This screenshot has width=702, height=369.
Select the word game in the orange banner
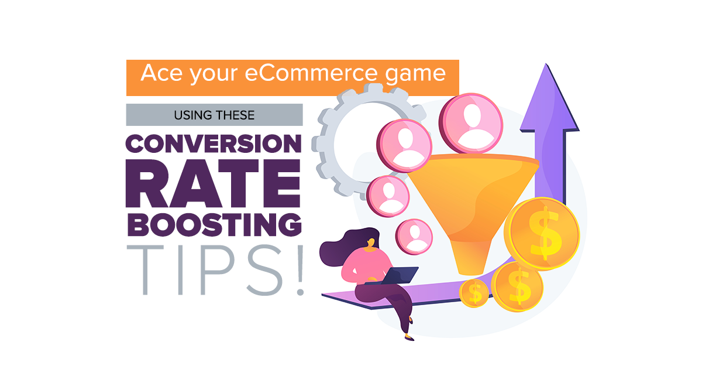[417, 75]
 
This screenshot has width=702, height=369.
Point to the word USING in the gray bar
[192, 115]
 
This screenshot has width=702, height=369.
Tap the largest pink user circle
[470, 124]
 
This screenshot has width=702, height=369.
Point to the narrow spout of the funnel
[473, 258]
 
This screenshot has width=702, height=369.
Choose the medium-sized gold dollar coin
[517, 286]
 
